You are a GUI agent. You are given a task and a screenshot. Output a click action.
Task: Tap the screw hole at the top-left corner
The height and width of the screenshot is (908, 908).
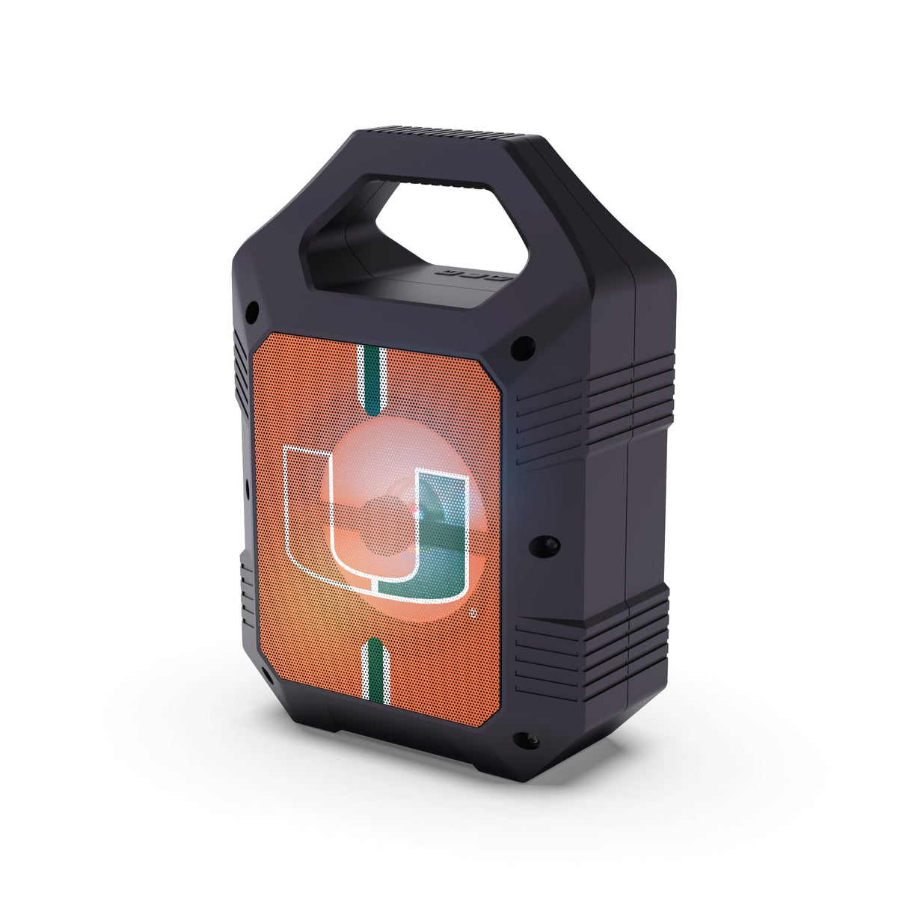tap(254, 307)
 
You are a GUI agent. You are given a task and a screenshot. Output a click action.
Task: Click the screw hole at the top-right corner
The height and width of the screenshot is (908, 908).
tap(518, 346)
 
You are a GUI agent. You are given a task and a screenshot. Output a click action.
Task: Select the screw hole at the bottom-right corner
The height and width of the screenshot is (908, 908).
tap(518, 739)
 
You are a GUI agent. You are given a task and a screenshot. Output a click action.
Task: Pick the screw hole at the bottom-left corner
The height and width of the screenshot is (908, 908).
tap(268, 672)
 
